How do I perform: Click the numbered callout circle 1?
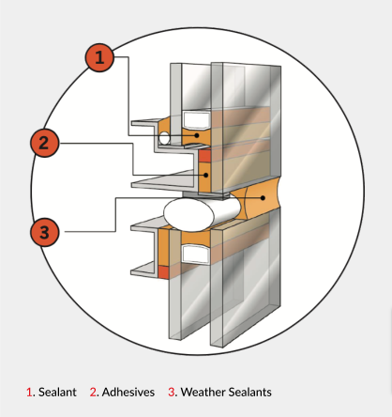click(x=99, y=57)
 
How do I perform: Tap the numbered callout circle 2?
click(x=45, y=143)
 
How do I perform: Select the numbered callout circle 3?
click(x=45, y=232)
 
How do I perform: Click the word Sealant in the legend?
click(x=57, y=392)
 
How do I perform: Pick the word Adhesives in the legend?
click(x=128, y=392)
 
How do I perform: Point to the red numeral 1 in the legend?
click(x=29, y=392)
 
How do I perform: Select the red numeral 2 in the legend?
click(x=93, y=392)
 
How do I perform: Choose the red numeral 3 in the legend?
click(x=172, y=392)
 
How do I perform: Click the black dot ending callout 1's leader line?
click(x=197, y=135)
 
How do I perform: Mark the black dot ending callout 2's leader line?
click(x=205, y=175)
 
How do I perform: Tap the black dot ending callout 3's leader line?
click(x=264, y=198)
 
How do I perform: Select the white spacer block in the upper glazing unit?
click(x=196, y=120)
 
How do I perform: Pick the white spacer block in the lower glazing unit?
click(x=196, y=254)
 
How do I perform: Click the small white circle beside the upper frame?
click(x=164, y=138)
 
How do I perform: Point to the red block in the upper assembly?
click(x=204, y=156)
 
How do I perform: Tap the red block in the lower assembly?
click(x=163, y=272)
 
